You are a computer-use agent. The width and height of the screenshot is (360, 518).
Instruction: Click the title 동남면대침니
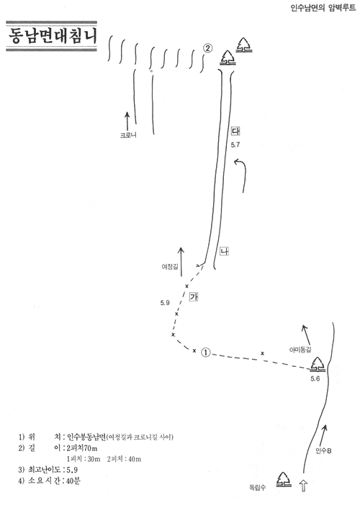53,36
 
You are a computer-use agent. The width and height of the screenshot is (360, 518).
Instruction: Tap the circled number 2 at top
207,48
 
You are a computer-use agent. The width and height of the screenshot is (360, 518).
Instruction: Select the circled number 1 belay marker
206,353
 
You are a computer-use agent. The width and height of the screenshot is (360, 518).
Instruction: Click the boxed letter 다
235,131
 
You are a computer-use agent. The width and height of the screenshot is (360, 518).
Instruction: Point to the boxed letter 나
224,251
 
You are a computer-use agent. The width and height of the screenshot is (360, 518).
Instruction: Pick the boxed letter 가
194,296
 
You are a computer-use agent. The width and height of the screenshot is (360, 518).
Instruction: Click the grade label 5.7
235,145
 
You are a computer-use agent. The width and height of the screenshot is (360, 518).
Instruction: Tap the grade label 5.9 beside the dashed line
165,303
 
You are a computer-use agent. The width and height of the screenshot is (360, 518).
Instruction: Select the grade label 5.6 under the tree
315,378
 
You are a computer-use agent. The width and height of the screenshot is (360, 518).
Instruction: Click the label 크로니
128,135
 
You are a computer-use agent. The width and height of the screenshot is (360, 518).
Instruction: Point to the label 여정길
170,267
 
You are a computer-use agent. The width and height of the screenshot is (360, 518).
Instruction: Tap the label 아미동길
300,350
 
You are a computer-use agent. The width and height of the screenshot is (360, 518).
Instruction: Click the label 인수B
323,450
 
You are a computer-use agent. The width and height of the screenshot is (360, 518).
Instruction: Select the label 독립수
258,487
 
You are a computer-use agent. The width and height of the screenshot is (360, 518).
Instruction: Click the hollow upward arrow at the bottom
303,486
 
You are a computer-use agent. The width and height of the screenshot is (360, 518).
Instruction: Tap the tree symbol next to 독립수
284,479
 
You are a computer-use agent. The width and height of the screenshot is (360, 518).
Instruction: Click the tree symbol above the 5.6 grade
318,364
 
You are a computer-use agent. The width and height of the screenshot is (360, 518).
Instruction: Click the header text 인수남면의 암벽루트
323,8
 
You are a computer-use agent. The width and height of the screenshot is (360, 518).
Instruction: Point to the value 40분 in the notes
73,481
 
